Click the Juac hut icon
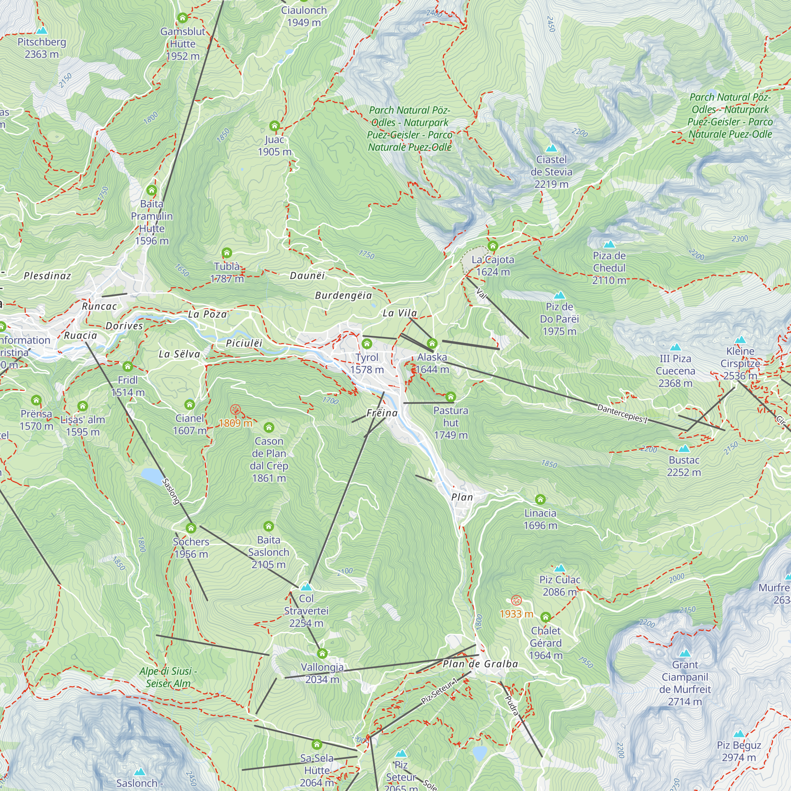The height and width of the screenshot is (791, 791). (274, 126)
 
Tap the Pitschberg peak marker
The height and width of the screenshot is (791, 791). (42, 31)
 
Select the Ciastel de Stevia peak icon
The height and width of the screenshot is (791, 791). (551, 148)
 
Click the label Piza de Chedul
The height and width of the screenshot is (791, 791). (609, 268)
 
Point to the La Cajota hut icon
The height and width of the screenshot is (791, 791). (492, 246)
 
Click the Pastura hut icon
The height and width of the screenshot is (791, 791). (450, 396)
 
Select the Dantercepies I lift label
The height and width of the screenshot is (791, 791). (622, 414)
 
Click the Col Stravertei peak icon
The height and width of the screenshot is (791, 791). (306, 587)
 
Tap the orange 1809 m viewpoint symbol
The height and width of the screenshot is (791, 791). (235, 409)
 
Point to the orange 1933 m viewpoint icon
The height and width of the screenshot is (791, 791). (516, 601)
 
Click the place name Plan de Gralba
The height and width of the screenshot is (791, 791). (480, 664)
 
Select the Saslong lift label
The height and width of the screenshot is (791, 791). (171, 491)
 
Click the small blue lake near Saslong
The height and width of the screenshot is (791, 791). (151, 476)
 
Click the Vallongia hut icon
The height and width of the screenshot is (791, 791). (322, 653)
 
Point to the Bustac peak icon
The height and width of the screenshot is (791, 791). (684, 448)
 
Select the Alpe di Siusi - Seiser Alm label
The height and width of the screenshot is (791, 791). (168, 677)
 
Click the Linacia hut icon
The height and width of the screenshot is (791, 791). (540, 499)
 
